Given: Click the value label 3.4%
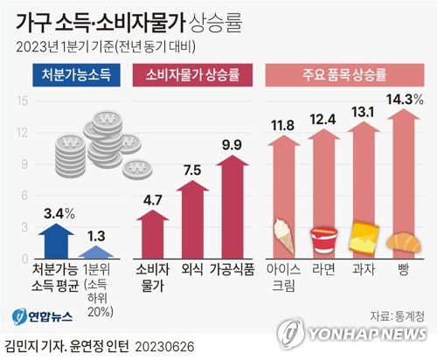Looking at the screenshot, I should point(57,212).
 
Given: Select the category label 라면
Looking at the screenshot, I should point(324,269).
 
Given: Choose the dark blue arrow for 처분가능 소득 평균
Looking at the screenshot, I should point(57,237).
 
